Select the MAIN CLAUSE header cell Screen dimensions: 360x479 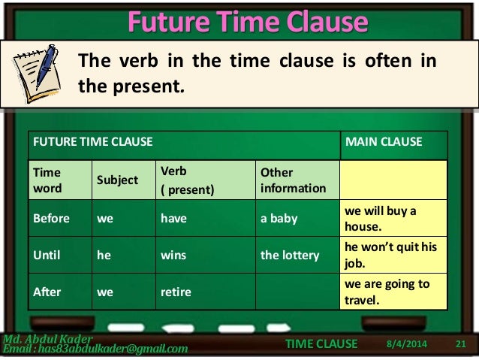383,141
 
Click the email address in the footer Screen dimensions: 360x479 96,349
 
